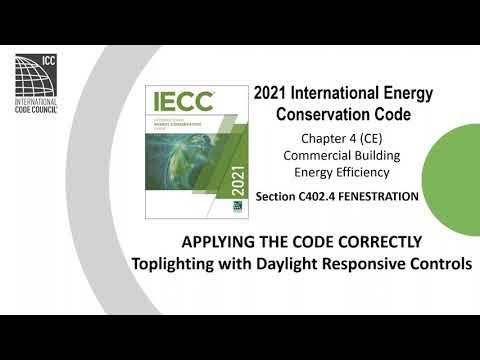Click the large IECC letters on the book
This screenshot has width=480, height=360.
click(x=181, y=101)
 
